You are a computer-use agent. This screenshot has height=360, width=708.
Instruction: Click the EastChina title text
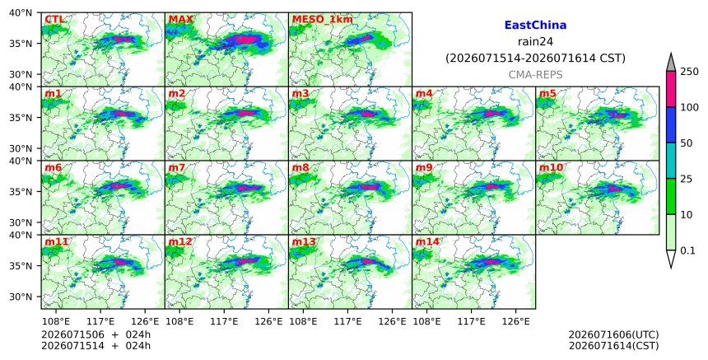pyautogui.click(x=535, y=26)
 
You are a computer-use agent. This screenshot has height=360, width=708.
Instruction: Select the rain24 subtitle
pyautogui.click(x=535, y=41)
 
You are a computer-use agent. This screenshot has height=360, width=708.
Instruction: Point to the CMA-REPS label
pyautogui.click(x=535, y=74)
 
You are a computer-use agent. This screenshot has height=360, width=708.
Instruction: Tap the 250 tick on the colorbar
pyautogui.click(x=690, y=72)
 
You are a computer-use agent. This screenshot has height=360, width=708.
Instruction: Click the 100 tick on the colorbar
pyautogui.click(x=690, y=107)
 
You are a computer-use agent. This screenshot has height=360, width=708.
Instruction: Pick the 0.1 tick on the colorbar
pyautogui.click(x=687, y=250)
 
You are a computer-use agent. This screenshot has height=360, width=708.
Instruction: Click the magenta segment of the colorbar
pyautogui.click(x=670, y=89)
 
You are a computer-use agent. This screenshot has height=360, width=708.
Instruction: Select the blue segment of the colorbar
pyautogui.click(x=670, y=125)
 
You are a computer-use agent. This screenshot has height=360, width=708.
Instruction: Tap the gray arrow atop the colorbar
pyautogui.click(x=670, y=62)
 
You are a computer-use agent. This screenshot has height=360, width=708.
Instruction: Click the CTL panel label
pyautogui.click(x=54, y=20)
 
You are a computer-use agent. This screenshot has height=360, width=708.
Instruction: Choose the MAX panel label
pyautogui.click(x=180, y=20)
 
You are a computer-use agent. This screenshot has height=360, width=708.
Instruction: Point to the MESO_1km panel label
pyautogui.click(x=323, y=20)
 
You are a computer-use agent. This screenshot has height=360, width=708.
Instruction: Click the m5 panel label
pyautogui.click(x=547, y=93)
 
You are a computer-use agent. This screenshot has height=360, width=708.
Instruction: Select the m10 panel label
pyautogui.click(x=551, y=167)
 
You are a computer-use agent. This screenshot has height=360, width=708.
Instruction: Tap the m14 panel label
pyautogui.click(x=427, y=241)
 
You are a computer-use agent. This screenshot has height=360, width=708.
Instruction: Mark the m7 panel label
pyautogui.click(x=176, y=167)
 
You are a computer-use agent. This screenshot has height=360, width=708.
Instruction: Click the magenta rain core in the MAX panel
pyautogui.click(x=246, y=40)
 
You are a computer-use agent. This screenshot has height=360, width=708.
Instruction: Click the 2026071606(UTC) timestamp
pyautogui.click(x=613, y=334)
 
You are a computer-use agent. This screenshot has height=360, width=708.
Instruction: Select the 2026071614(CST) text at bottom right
pyautogui.click(x=613, y=346)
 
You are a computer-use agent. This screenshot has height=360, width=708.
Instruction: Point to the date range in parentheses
pyautogui.click(x=535, y=58)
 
